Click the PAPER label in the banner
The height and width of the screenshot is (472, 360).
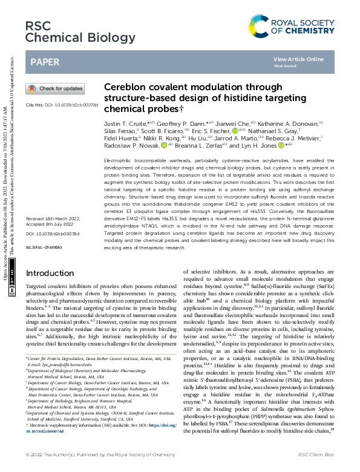(44, 62)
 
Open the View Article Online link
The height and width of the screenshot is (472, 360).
(298, 59)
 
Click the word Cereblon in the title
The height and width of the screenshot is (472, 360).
(125, 88)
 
